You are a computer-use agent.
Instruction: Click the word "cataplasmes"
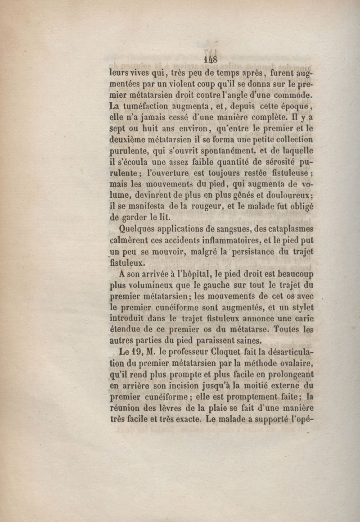(x=290, y=229)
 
